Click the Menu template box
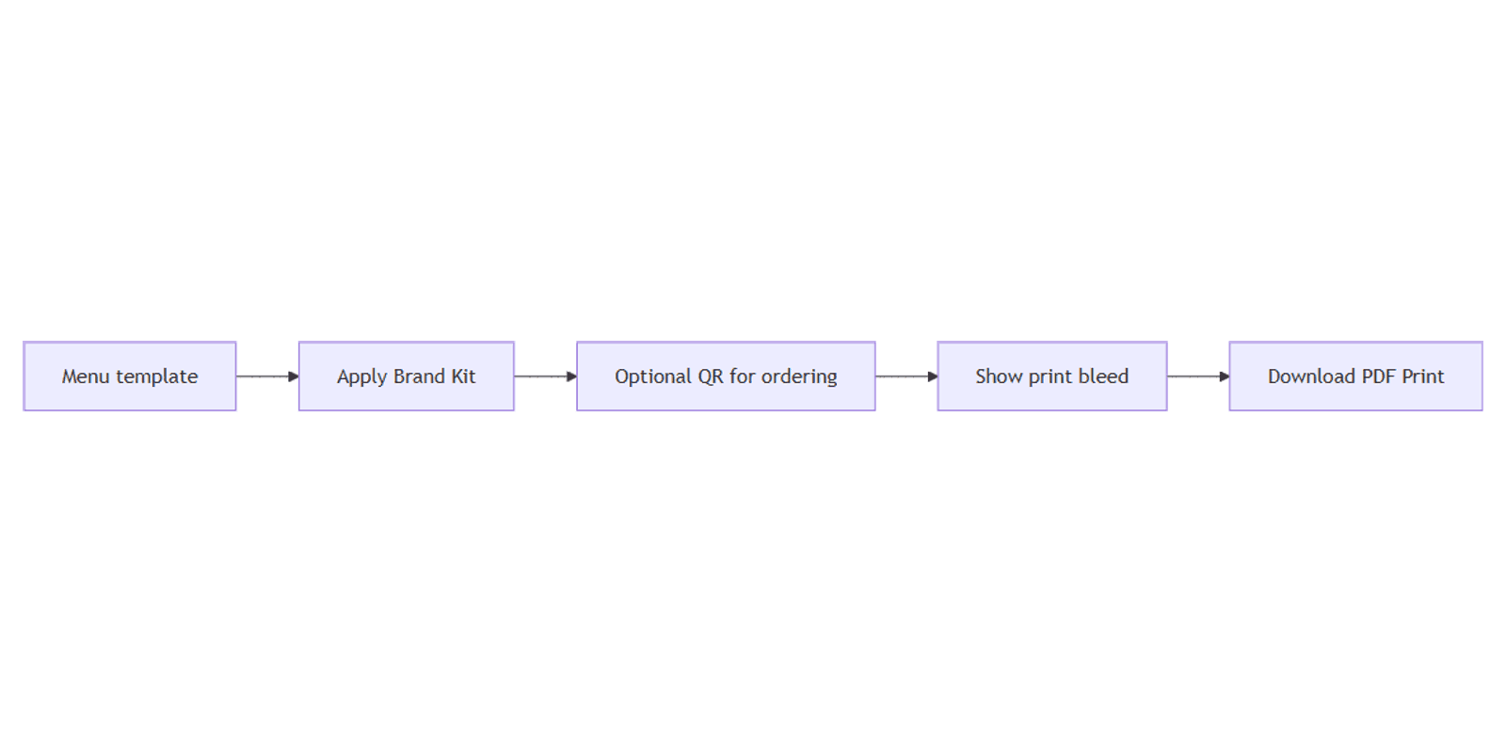click(x=130, y=376)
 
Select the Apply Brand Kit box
click(x=406, y=376)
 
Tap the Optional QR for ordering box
click(x=726, y=376)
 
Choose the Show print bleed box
click(x=1052, y=376)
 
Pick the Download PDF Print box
click(x=1356, y=376)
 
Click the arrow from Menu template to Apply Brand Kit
click(x=267, y=376)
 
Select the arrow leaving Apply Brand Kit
click(x=545, y=376)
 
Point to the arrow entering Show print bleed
click(x=906, y=376)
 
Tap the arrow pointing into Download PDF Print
click(x=1198, y=376)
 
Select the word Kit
click(x=463, y=376)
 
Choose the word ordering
click(x=799, y=377)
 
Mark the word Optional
click(x=653, y=377)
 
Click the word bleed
click(x=1103, y=376)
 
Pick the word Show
click(x=999, y=376)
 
